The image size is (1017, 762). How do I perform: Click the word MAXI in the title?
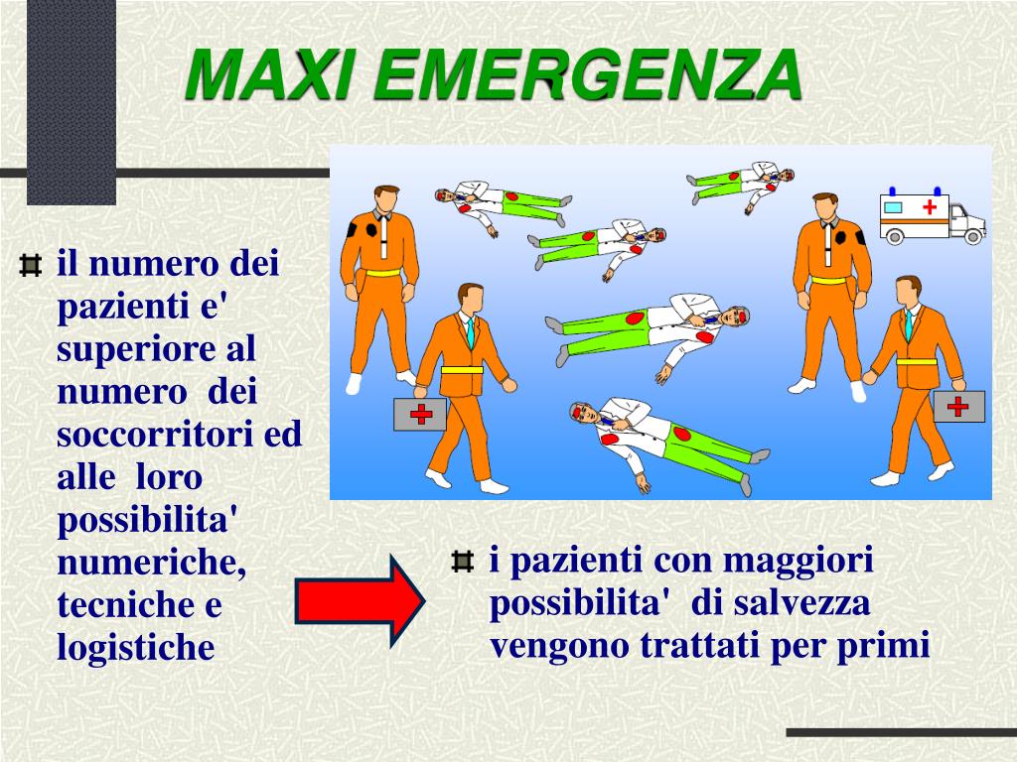click(272, 73)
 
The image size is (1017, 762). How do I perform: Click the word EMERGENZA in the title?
click(589, 73)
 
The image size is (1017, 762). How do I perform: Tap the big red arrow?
click(360, 600)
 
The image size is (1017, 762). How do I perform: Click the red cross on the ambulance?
click(930, 206)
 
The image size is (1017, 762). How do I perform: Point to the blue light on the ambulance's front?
click(938, 190)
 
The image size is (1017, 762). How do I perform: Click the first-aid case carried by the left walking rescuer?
click(420, 414)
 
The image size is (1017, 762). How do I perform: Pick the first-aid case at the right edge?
click(958, 406)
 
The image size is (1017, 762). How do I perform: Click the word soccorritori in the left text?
click(154, 434)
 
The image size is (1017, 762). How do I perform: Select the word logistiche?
click(135, 647)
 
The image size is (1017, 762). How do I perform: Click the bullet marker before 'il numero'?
click(31, 265)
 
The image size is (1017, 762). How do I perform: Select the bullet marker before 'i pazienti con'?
click(462, 562)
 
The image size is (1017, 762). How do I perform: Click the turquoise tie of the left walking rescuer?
click(470, 331)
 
